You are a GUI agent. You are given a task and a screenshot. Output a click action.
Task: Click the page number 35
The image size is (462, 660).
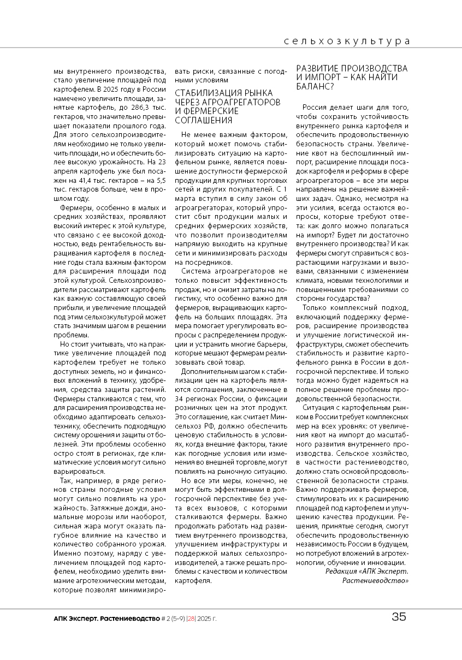[x=399, y=617]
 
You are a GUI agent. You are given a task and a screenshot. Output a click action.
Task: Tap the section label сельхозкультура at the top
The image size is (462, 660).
[x=347, y=41]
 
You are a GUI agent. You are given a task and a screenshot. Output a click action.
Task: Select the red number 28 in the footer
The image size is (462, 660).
[x=191, y=619]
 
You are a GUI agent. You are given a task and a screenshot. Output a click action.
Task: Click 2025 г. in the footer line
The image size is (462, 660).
[x=207, y=619]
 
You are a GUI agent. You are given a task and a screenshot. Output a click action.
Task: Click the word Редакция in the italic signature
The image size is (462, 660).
[x=341, y=571]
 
